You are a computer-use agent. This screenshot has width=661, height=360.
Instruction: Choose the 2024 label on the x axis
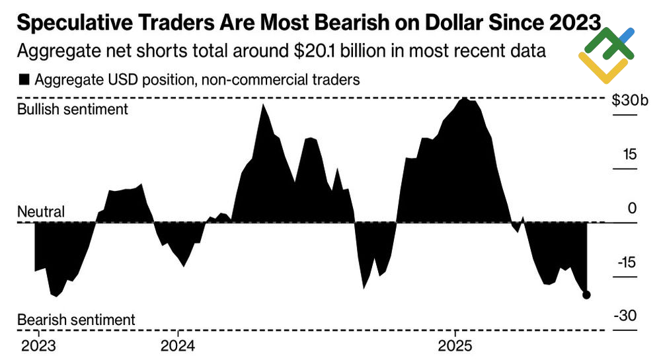(177, 345)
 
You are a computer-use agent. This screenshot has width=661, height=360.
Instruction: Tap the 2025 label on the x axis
(455, 345)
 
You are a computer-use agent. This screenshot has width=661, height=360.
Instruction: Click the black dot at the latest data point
(586, 295)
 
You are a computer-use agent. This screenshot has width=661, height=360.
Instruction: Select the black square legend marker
(24, 80)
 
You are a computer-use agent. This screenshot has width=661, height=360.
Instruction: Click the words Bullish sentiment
(72, 109)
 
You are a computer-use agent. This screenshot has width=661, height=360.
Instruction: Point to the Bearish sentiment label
(75, 319)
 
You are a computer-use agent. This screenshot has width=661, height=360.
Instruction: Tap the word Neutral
(40, 212)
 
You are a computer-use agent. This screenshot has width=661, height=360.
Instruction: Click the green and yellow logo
(606, 55)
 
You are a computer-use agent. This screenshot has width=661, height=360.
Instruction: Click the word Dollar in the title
(457, 24)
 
